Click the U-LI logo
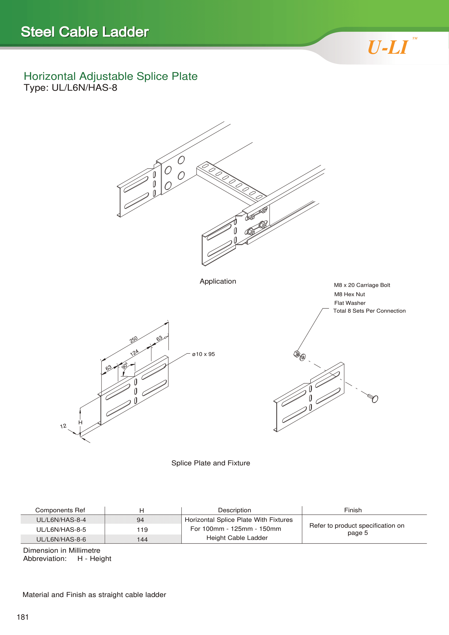[388, 47]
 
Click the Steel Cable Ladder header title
[85, 32]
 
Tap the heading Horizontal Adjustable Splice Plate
[110, 76]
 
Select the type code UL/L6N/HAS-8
[70, 88]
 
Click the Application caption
[218, 281]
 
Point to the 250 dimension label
[134, 340]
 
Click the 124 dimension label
[134, 353]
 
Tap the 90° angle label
[125, 366]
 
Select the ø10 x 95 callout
[204, 354]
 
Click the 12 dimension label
[63, 426]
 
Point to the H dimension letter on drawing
[80, 422]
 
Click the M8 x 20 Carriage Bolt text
[362, 285]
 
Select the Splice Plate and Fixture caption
[211, 463]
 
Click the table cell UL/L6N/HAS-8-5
[61, 529]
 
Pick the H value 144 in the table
[142, 539]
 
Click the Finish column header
[353, 510]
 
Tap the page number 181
[23, 617]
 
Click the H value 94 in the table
[140, 520]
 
